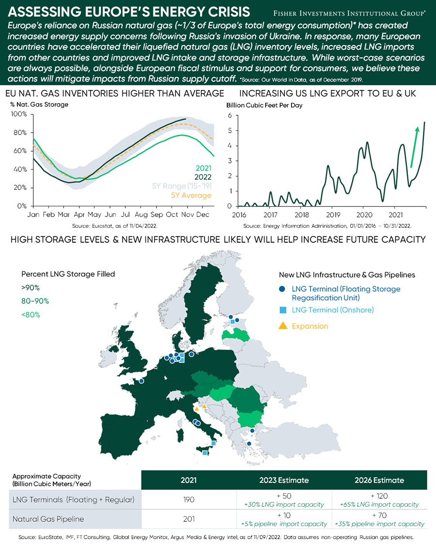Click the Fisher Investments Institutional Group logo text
[x=349, y=13]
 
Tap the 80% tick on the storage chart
[x=20, y=132]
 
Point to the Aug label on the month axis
[x=141, y=215]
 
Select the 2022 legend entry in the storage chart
[x=203, y=177]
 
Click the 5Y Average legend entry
[x=191, y=195]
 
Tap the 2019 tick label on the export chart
[x=333, y=215]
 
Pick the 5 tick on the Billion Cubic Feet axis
[x=230, y=131]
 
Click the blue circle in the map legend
[x=282, y=289]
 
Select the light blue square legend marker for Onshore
[x=282, y=310]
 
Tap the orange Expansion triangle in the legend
[x=283, y=326]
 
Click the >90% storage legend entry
[x=31, y=288]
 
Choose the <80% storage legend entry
[x=31, y=315]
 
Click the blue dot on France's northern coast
[x=141, y=381]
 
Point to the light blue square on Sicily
[x=205, y=453]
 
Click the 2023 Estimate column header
[x=284, y=480]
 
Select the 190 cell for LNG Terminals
[x=189, y=499]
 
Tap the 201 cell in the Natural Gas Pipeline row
[x=189, y=519]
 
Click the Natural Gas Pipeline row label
[x=48, y=519]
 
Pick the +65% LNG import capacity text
[x=379, y=505]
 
